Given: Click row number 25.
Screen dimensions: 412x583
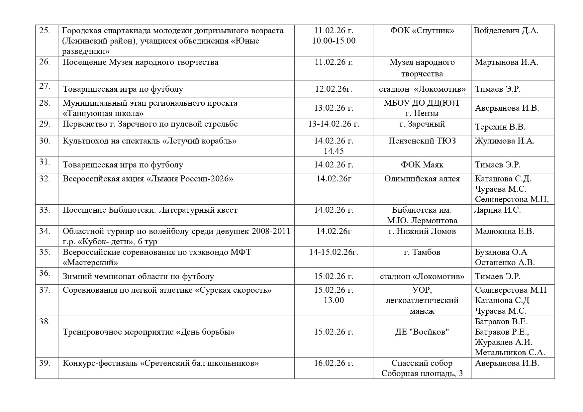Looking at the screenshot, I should [x=45, y=31].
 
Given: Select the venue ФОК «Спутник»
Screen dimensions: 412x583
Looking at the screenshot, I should [x=422, y=31].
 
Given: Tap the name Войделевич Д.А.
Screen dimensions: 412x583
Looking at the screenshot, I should [x=506, y=31].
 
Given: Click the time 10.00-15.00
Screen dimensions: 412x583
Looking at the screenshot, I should [x=334, y=41].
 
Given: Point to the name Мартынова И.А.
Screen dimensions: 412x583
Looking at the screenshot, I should [x=506, y=62].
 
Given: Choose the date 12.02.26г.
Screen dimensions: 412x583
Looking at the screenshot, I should [x=334, y=89].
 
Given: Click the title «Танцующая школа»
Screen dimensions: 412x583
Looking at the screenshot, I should [x=103, y=113].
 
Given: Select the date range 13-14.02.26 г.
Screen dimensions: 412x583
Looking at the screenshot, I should [x=334, y=124].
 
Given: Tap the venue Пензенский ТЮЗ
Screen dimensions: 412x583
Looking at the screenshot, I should [x=422, y=141].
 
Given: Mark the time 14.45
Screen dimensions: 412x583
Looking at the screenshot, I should [x=334, y=151].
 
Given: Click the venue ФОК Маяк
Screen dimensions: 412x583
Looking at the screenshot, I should [x=422, y=165].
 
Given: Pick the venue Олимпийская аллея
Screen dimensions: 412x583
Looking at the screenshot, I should [x=422, y=179].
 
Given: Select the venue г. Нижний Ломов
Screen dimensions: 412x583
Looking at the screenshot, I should [x=422, y=231].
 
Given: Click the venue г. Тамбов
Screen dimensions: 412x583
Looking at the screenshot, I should [x=422, y=252].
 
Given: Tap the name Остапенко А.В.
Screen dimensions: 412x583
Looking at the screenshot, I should [x=505, y=262].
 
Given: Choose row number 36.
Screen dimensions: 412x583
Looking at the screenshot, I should [x=45, y=273].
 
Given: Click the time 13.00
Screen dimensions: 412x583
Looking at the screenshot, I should [x=334, y=300].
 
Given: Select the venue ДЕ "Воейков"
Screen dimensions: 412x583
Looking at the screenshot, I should [x=422, y=332].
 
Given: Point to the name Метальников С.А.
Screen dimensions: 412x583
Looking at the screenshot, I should [x=510, y=353].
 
